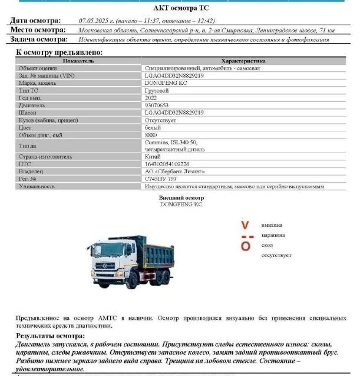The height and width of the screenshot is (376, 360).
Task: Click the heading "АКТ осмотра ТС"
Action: (181, 8)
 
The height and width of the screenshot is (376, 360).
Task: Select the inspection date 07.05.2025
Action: (94, 21)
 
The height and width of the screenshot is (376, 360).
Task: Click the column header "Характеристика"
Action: (243, 61)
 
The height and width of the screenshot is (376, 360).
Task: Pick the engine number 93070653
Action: (156, 105)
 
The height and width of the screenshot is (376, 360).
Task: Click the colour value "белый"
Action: (152, 127)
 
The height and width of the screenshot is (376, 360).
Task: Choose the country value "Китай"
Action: (153, 157)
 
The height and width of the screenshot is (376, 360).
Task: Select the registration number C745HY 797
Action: (160, 179)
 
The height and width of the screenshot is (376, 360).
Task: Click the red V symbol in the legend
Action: (246, 225)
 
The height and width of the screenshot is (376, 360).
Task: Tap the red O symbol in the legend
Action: (246, 246)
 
